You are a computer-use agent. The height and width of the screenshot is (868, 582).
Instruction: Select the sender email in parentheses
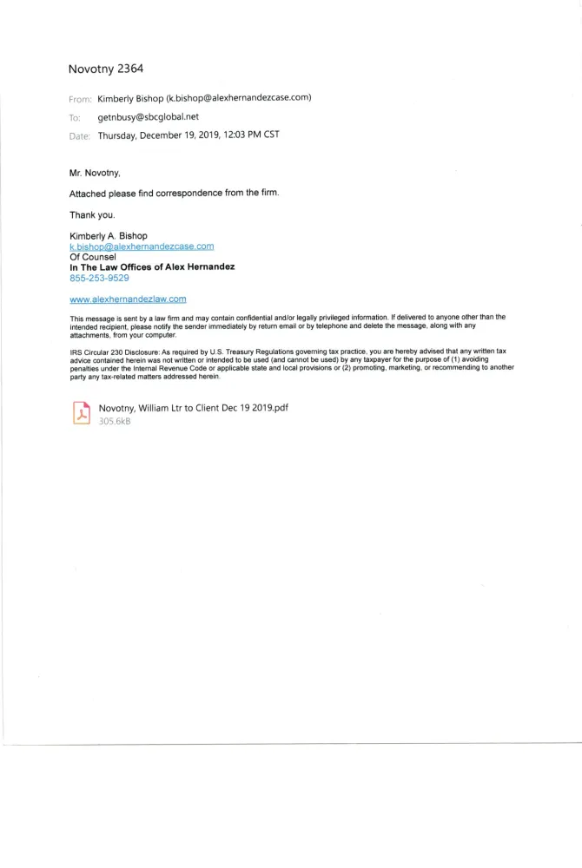point(239,97)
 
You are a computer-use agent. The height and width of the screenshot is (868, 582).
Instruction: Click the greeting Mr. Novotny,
point(96,173)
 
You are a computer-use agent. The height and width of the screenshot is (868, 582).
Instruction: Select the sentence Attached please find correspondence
point(174,193)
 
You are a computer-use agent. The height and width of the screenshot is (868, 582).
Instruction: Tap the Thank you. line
point(91,214)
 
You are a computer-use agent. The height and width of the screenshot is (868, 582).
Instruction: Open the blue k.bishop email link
point(142,247)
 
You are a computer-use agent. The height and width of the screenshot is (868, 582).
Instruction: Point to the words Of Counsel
point(93,257)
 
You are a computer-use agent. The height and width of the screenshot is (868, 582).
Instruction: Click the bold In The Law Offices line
point(152,267)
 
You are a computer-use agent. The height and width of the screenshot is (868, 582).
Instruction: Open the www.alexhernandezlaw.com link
point(128,299)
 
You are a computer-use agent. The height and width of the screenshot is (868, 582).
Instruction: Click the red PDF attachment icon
point(81,413)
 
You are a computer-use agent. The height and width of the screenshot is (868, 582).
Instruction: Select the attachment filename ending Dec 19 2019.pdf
point(193,407)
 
